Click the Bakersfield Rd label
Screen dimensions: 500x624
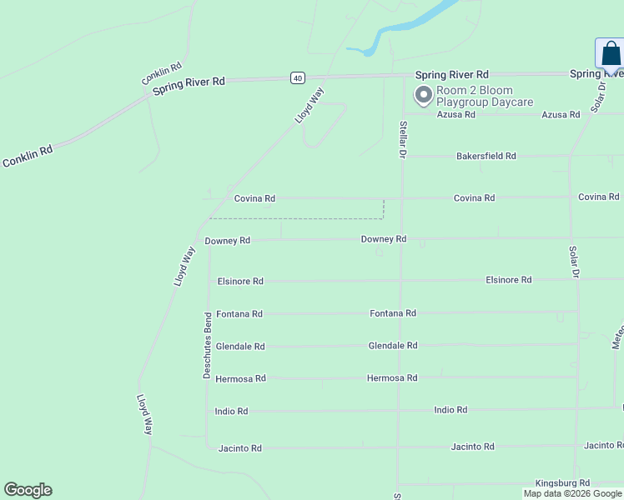point(486,156)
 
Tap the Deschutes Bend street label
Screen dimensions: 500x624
point(208,346)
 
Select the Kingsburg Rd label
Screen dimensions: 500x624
point(563,482)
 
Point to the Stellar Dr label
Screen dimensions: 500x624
point(402,140)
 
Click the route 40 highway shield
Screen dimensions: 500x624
point(298,77)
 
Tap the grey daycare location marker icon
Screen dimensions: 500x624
point(423,96)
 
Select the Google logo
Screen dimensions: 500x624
point(28,490)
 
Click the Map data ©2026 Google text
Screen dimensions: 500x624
point(572,493)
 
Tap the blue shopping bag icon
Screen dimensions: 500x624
point(611,54)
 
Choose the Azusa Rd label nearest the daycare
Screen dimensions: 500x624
point(456,115)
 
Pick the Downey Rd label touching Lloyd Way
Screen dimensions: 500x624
point(227,241)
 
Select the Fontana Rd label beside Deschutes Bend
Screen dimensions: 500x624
point(239,314)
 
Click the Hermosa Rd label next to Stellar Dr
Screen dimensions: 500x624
point(392,378)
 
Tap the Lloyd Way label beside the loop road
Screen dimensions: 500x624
point(309,106)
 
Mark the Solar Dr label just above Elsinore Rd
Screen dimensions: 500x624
point(574,261)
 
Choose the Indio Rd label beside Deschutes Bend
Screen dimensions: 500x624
point(231,412)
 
